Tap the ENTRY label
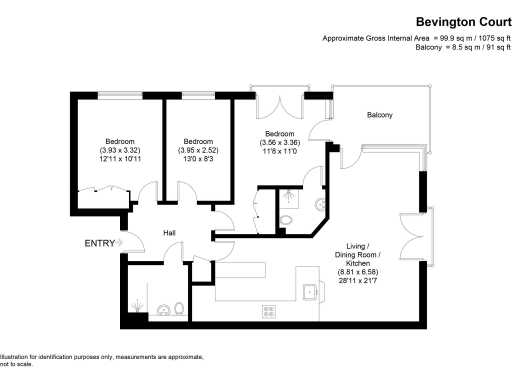(99, 243)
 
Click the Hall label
(170, 234)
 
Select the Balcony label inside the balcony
(379, 116)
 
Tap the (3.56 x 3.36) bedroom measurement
(279, 142)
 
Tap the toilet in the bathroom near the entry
(178, 308)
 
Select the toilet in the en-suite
(286, 221)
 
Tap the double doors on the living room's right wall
(410, 237)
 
